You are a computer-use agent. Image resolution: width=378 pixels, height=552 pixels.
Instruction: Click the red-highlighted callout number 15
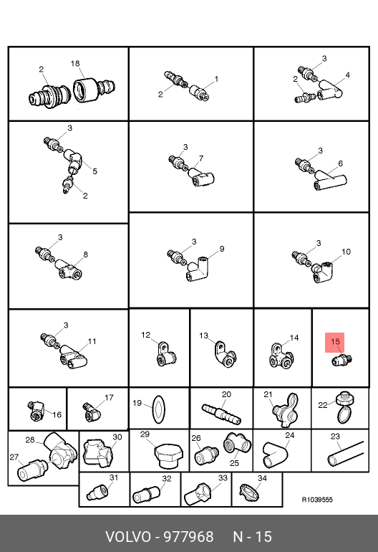tap(335, 341)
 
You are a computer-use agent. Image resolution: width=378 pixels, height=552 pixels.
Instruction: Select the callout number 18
tap(75, 63)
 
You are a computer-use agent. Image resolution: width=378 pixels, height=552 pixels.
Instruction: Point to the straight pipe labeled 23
tap(345, 454)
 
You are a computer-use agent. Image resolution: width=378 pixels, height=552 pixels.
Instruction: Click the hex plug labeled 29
tap(168, 456)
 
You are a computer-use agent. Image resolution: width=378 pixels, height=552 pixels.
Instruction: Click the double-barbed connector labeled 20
tap(221, 414)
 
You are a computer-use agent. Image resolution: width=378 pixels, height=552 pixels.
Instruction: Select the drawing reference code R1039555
tap(317, 500)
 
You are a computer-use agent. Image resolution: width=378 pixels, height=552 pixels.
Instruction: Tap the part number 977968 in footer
tap(189, 537)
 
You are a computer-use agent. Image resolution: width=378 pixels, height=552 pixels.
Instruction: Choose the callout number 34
tap(262, 478)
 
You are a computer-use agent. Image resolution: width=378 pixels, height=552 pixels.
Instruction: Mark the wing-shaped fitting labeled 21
tap(286, 410)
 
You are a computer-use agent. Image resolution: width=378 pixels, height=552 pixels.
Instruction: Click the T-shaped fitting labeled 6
tap(330, 180)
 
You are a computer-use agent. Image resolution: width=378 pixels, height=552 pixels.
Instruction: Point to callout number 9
tap(221, 249)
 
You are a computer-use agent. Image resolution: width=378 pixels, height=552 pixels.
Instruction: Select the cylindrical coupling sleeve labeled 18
tap(84, 90)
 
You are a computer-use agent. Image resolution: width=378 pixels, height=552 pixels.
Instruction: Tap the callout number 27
tap(14, 457)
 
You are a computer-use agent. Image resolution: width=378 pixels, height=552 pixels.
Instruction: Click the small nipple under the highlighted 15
tap(341, 360)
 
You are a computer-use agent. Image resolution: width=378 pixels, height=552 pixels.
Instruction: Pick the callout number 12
tap(145, 335)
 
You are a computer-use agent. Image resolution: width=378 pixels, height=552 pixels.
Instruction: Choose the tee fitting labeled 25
tap(238, 444)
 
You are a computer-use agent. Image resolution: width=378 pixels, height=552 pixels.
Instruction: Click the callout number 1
tap(216, 79)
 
